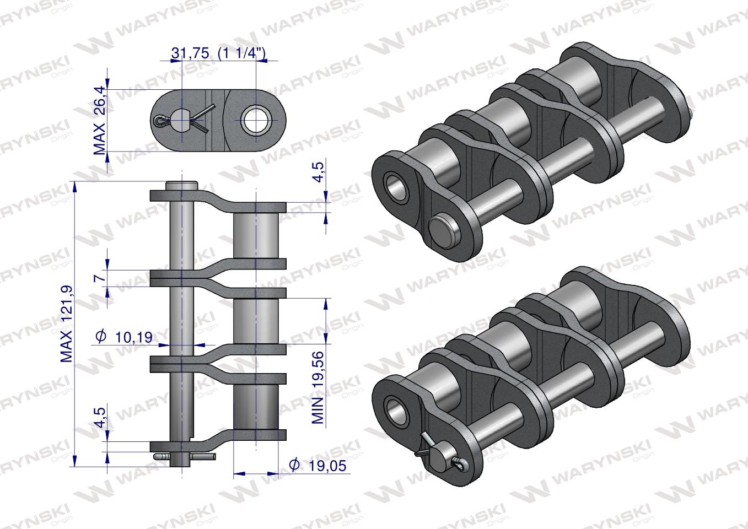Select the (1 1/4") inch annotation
coord(243,53)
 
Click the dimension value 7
coord(100,278)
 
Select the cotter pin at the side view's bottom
coord(185,457)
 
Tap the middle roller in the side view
coord(256,320)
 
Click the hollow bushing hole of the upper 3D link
coord(396,185)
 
